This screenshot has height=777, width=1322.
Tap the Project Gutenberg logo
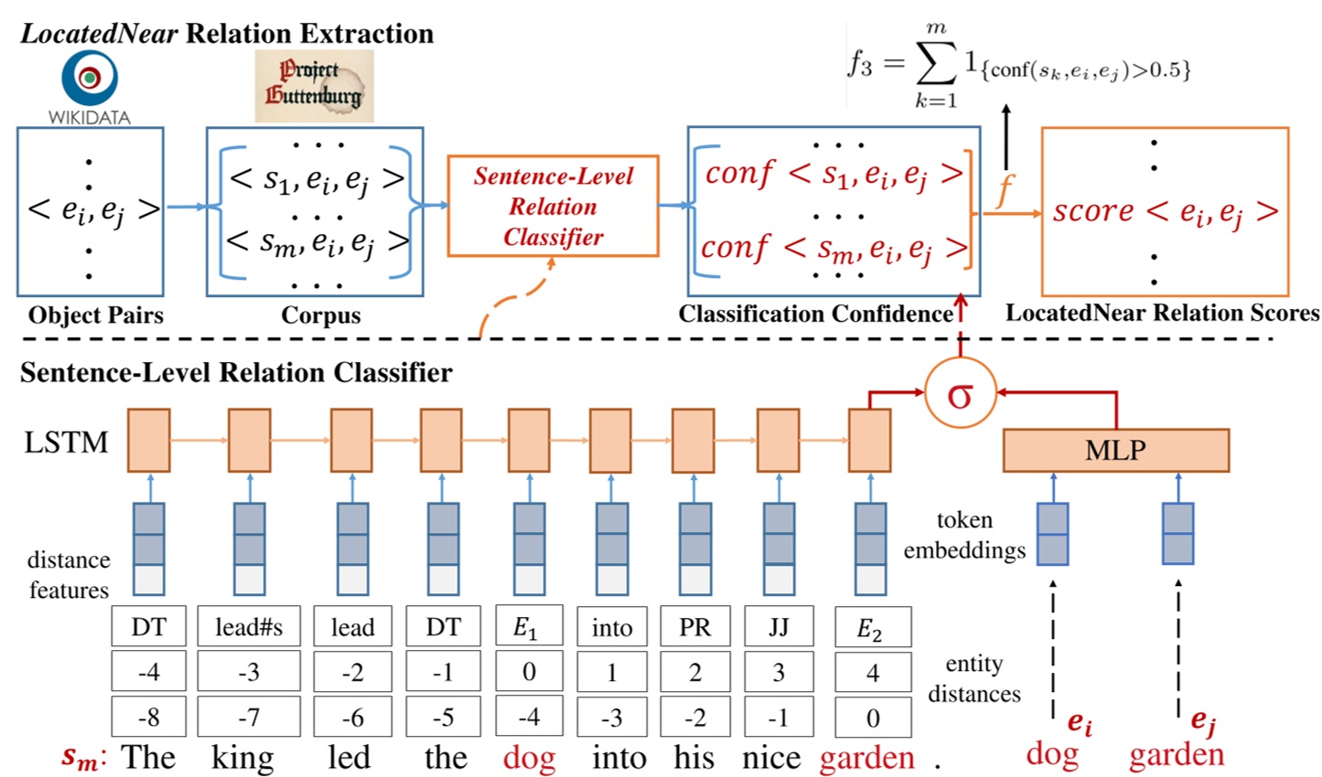coord(314,85)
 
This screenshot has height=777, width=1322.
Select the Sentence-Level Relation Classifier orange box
coord(553,207)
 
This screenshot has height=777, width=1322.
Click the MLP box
coord(1114,450)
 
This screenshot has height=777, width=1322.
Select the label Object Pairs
coord(95,315)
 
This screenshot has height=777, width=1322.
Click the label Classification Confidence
coord(815,314)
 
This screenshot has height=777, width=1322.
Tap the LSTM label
coord(66,442)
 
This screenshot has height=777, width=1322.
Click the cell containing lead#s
coord(248,627)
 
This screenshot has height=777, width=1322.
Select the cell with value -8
coord(148,718)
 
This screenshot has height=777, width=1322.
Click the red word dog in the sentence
coord(529,759)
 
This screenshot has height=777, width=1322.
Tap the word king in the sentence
coord(242,759)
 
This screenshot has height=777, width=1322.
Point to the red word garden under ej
coord(1176,755)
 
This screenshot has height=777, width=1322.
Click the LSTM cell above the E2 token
coord(869,441)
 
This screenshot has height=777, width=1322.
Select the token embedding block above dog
coord(1052,534)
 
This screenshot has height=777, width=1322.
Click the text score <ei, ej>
coord(1165,211)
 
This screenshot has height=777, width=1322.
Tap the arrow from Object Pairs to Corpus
coord(186,208)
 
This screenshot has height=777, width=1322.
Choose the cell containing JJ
coord(779,627)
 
